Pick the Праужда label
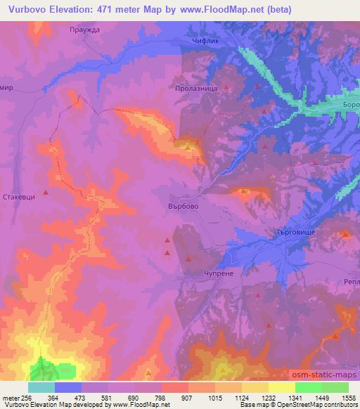[86, 30]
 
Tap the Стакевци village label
[19, 198]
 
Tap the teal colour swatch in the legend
[41, 387]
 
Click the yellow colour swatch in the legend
[282, 387]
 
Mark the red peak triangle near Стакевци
[46, 192]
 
